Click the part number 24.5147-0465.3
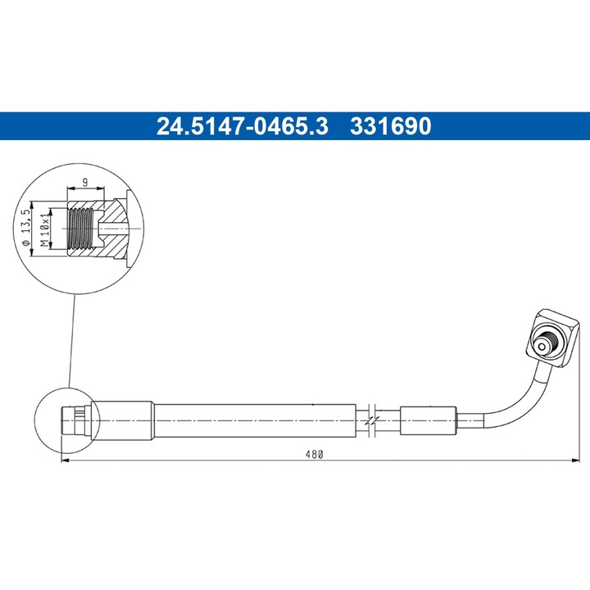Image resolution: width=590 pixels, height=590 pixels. (x=242, y=126)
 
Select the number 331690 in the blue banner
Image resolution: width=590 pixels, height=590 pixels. (x=391, y=126)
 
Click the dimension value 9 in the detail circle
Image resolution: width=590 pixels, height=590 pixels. (x=84, y=184)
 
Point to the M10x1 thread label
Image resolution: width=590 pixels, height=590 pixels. (x=47, y=228)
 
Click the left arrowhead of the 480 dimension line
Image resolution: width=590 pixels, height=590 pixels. (x=66, y=461)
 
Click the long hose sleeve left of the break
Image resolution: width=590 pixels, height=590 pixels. (x=254, y=420)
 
